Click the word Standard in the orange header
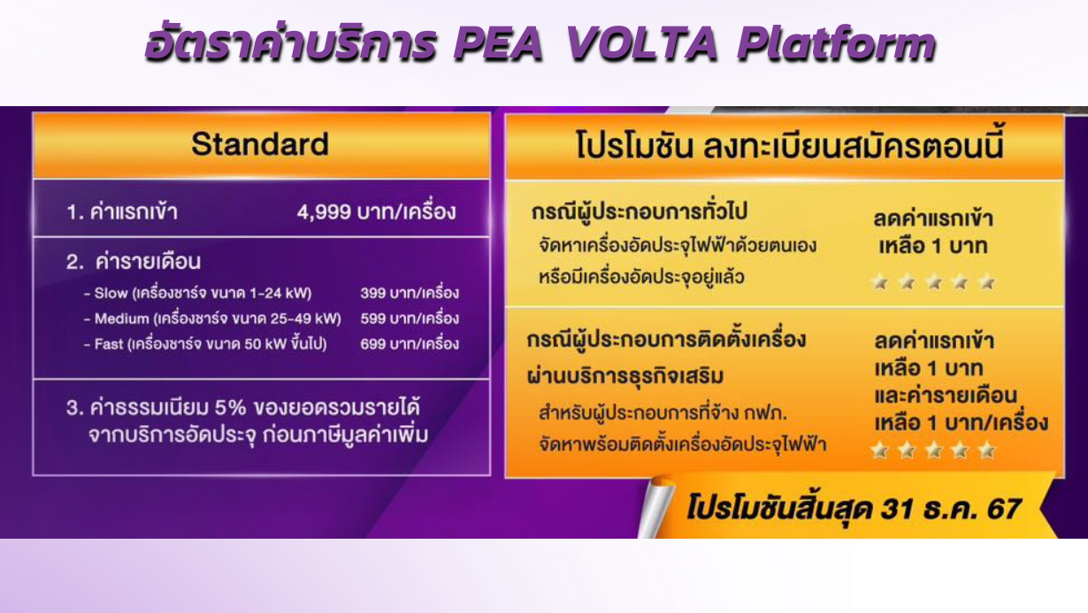click(x=260, y=144)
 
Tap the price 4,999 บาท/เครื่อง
click(x=377, y=212)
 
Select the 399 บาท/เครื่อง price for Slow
click(x=410, y=293)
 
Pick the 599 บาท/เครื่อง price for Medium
click(x=410, y=318)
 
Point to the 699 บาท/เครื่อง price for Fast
click(x=410, y=344)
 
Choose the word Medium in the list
click(x=122, y=318)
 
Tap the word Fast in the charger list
click(x=110, y=344)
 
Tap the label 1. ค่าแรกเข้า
click(x=122, y=212)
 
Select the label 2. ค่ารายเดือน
click(x=134, y=262)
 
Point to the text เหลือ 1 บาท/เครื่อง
click(x=961, y=423)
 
